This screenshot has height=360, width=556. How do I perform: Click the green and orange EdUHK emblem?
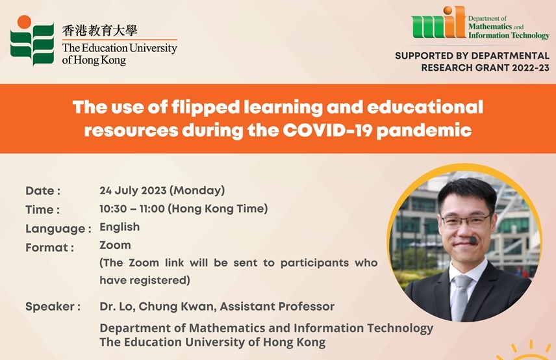[32, 41]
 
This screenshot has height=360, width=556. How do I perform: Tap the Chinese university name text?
[99, 31]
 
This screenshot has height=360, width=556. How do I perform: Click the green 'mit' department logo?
[438, 22]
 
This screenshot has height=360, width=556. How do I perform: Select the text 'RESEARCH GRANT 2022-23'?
[485, 68]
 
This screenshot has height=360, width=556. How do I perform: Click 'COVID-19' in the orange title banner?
[327, 131]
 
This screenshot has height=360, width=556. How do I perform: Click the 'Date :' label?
[43, 191]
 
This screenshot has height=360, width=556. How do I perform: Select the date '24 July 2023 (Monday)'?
[162, 190]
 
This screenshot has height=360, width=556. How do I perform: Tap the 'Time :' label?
[43, 210]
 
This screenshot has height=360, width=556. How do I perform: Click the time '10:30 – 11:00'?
[132, 209]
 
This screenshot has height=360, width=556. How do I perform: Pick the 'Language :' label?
[58, 229]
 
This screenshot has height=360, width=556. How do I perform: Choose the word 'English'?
[120, 227]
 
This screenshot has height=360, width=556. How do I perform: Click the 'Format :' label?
[49, 247]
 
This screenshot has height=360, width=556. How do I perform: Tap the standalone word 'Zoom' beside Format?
[115, 245]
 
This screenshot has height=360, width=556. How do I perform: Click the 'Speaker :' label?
[53, 307]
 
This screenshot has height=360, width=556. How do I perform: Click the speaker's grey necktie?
[460, 297]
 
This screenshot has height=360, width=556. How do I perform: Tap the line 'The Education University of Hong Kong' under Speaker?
[212, 342]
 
